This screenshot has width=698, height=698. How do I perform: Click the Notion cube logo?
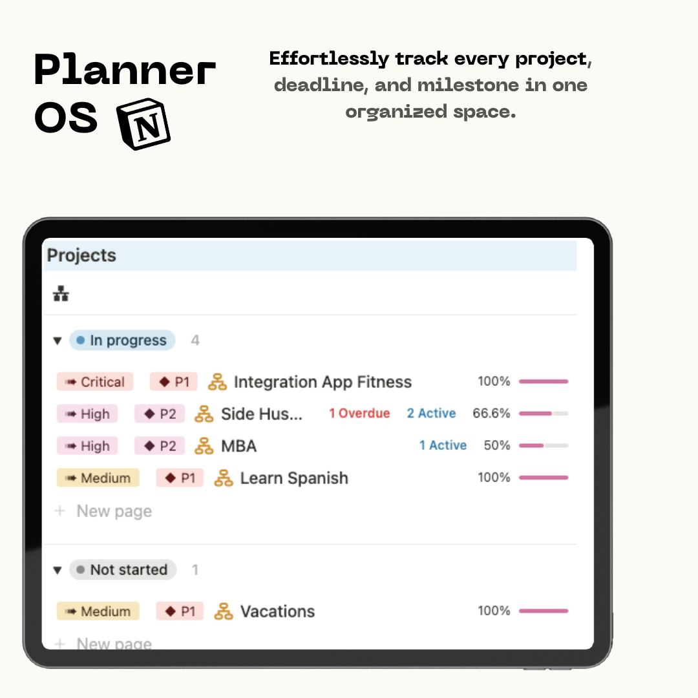[x=143, y=123]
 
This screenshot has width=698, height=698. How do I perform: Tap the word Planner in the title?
[x=125, y=69]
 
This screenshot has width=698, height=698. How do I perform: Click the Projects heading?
[x=81, y=255]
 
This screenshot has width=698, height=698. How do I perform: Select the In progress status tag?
[x=122, y=340]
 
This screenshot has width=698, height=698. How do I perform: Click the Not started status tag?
[x=122, y=570]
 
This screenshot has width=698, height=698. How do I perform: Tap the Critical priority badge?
[x=95, y=382]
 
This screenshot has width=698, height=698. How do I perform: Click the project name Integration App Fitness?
[x=323, y=382]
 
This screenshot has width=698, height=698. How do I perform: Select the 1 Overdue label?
[x=359, y=414]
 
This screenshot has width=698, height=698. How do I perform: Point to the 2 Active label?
[x=431, y=414]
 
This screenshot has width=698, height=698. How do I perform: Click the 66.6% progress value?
[x=491, y=414]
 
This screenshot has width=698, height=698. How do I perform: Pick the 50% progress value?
[x=497, y=445]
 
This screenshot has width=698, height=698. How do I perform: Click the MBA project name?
[x=239, y=446]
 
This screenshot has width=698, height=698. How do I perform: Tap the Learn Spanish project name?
[x=294, y=478]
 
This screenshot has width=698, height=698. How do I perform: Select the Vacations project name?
[x=277, y=611]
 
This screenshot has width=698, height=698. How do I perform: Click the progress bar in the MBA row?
[x=544, y=445]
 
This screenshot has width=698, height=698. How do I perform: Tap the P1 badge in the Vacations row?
[x=180, y=611]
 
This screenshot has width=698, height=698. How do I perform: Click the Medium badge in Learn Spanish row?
[x=98, y=478]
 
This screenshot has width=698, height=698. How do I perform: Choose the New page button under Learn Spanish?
[x=103, y=511]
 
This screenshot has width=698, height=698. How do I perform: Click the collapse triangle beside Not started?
[x=58, y=570]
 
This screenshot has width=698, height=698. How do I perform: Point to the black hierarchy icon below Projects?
[x=61, y=294]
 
